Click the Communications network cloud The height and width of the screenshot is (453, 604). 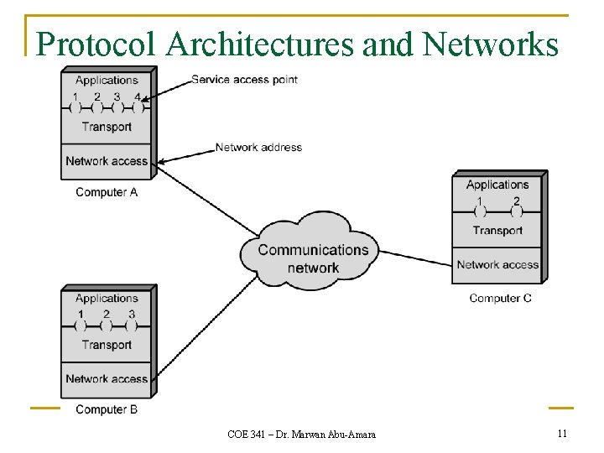pyautogui.click(x=313, y=258)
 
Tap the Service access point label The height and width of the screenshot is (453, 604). pyautogui.click(x=244, y=80)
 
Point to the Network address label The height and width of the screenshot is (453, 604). pyautogui.click(x=258, y=147)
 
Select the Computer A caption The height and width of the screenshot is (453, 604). pyautogui.click(x=107, y=192)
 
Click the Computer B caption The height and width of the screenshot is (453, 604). pyautogui.click(x=107, y=409)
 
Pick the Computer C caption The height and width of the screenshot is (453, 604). pyautogui.click(x=500, y=298)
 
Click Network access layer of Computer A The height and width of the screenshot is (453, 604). pyautogui.click(x=107, y=161)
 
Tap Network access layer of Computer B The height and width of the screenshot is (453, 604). pyautogui.click(x=107, y=378)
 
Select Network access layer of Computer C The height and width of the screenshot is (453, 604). pyautogui.click(x=497, y=265)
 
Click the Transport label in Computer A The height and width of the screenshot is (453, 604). pyautogui.click(x=107, y=127)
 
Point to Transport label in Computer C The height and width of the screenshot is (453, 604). pyautogui.click(x=497, y=231)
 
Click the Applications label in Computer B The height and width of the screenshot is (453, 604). pyautogui.click(x=107, y=298)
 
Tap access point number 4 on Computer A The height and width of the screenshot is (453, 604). pyautogui.click(x=138, y=107)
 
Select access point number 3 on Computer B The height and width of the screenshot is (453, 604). pyautogui.click(x=132, y=325)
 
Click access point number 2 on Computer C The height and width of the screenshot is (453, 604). pyautogui.click(x=517, y=211)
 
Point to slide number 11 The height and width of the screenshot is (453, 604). pyautogui.click(x=562, y=433)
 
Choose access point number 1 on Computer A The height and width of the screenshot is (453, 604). pyautogui.click(x=75, y=107)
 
